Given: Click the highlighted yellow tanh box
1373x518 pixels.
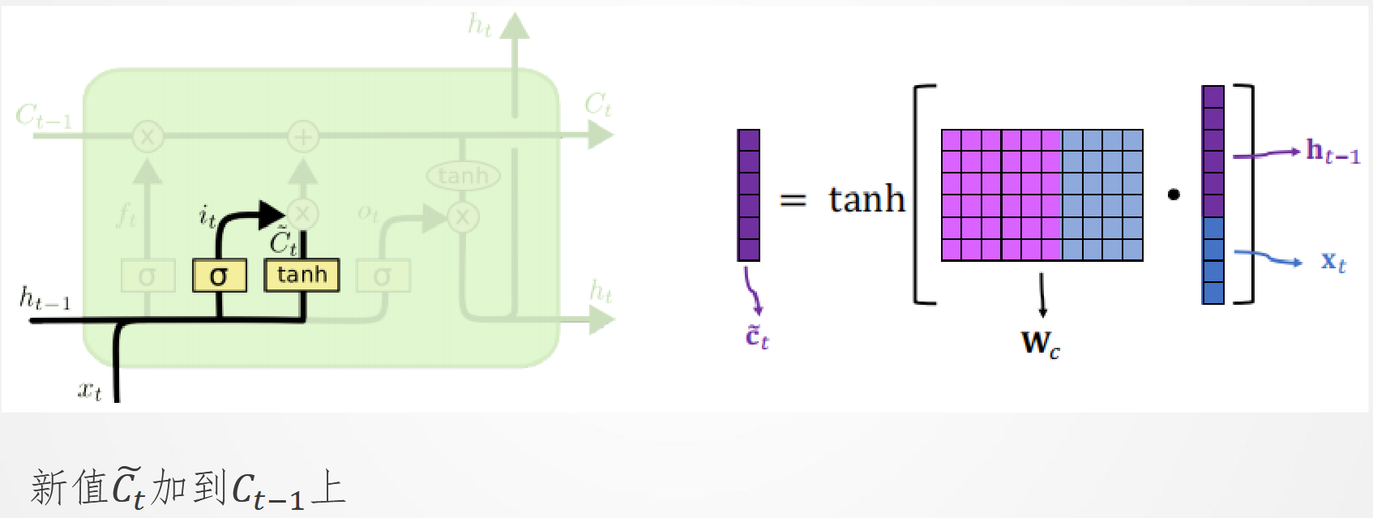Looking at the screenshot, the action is tap(302, 275).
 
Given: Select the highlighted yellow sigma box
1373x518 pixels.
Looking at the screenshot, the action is tap(219, 276).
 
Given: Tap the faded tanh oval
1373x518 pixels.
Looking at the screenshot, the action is tap(463, 176).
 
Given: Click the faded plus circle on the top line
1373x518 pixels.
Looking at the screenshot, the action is tap(302, 136).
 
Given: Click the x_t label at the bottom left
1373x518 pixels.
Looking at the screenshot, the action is tap(89, 391).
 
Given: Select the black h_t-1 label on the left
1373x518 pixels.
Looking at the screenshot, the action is tap(45, 299).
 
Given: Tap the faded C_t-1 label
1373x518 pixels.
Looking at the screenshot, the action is tap(44, 117).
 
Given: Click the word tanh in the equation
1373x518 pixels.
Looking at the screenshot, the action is tap(866, 199).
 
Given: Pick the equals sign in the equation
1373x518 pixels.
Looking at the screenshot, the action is tap(793, 199).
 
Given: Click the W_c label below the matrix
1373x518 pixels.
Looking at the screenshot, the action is tap(1040, 344).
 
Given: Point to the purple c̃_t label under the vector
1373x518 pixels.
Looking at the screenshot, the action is tap(756, 336).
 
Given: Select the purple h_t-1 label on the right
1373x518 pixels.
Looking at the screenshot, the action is tap(1332, 152).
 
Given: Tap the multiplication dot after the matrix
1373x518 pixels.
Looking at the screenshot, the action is tap(1174, 195).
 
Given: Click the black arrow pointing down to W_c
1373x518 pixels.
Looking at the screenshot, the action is tap(1042, 295).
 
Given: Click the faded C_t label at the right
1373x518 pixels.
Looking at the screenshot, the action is tap(598, 105).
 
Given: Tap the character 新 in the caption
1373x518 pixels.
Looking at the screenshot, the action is tap(48, 487).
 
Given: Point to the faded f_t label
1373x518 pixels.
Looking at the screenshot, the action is tap(126, 215).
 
